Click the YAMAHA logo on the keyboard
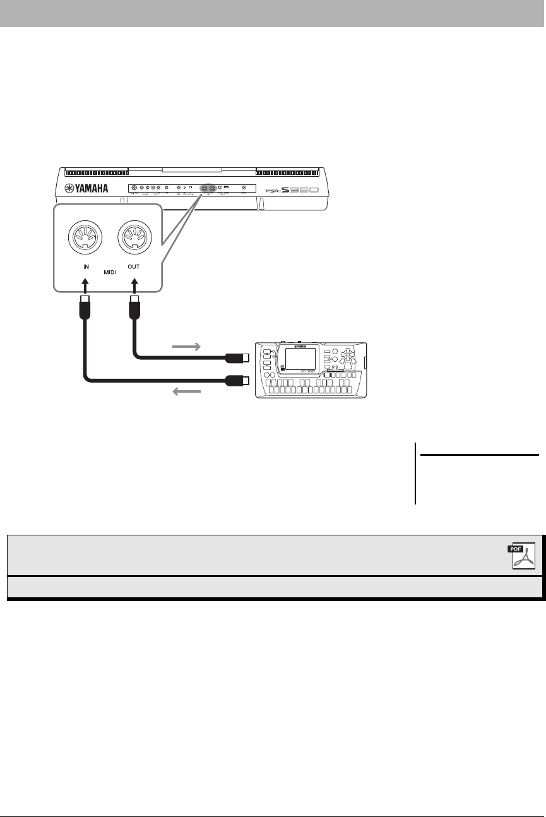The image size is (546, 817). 86,188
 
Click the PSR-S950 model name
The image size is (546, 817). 300,189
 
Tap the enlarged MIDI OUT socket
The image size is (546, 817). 134,239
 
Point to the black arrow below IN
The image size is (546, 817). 85,285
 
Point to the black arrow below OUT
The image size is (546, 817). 134,285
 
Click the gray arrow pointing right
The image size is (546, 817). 187,346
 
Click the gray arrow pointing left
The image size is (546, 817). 187,392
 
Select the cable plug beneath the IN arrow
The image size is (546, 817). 85,309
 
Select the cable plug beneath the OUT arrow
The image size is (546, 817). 134,309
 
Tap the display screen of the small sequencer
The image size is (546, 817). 300,358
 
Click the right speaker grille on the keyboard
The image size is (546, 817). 292,171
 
